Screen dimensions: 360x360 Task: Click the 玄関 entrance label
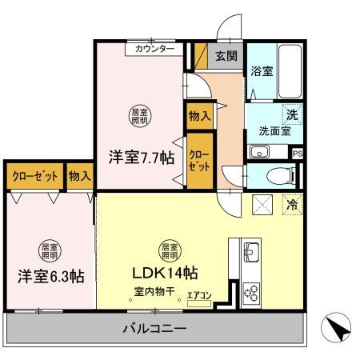tap(226, 56)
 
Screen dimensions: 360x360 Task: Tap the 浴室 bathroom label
tap(262, 71)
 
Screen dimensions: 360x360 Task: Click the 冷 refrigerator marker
tap(293, 205)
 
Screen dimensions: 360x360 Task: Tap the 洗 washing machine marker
tap(294, 115)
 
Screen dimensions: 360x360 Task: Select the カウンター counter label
tap(154, 49)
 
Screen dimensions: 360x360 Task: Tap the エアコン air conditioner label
tap(199, 296)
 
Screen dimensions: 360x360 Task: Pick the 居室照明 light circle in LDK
tap(169, 251)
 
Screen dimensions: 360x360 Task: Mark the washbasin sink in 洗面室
tap(260, 152)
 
